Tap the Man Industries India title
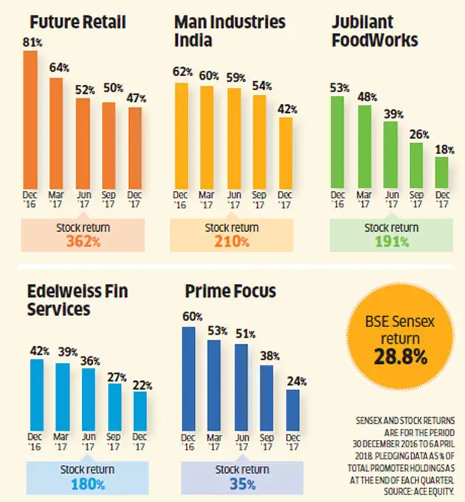click(230, 30)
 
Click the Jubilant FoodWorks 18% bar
click(441, 171)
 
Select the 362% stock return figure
click(82, 241)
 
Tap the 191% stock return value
click(390, 241)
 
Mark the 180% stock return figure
click(82, 484)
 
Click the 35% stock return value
click(241, 484)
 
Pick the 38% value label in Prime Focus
click(268, 357)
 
